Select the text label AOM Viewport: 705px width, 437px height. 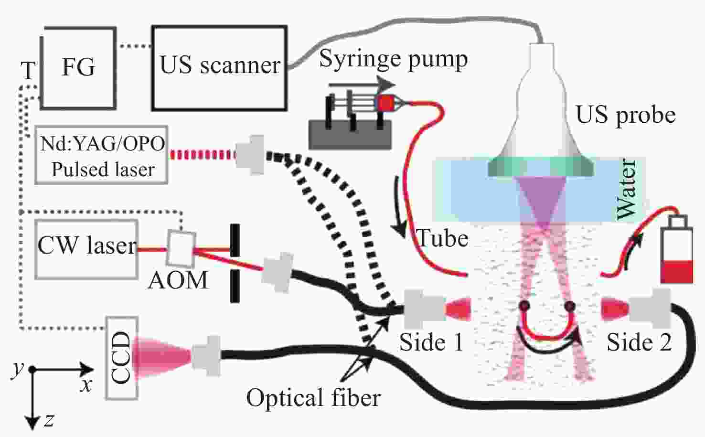[178, 280]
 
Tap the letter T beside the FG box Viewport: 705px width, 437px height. [28, 71]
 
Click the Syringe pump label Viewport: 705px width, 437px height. [394, 59]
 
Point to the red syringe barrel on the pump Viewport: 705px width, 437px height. [385, 103]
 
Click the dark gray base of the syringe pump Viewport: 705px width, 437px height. [350, 135]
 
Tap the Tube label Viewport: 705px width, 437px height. [442, 238]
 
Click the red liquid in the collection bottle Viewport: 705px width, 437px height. [677, 271]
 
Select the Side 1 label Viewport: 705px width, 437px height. [431, 342]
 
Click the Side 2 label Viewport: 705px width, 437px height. [639, 342]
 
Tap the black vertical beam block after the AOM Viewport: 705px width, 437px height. [235, 263]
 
